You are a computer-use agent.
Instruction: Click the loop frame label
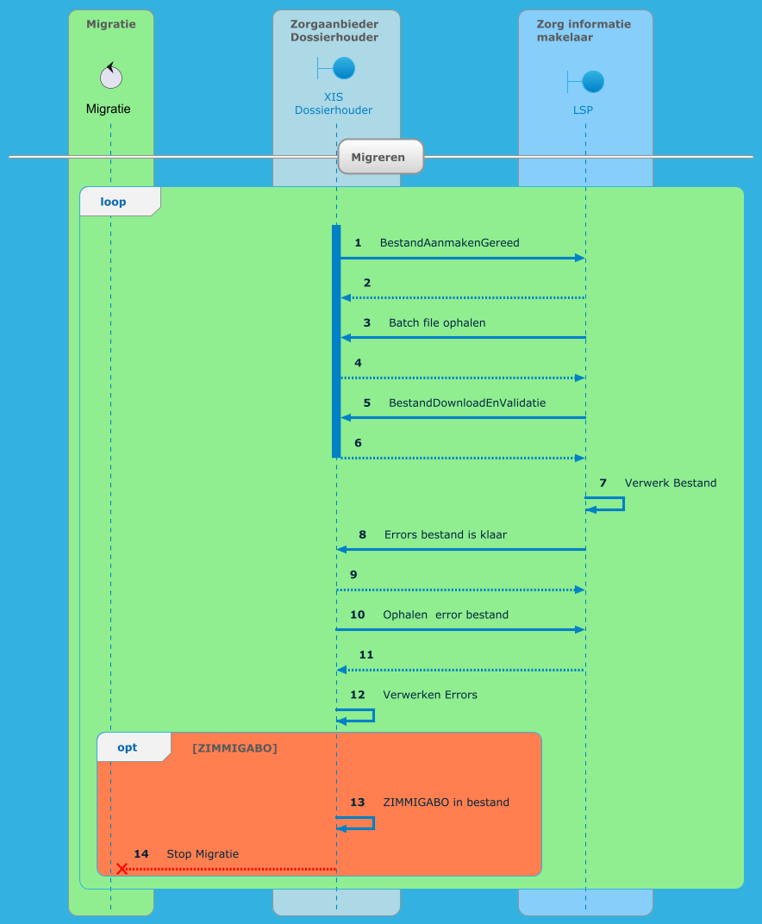[x=113, y=202]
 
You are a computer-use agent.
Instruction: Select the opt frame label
[x=128, y=747]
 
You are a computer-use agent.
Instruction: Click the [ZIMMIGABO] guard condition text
[x=234, y=748]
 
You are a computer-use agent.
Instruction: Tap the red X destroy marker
[x=122, y=869]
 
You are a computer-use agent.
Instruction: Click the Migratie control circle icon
[x=110, y=77]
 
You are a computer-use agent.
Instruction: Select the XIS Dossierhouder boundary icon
[x=336, y=68]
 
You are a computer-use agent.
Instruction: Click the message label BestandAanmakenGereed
[x=449, y=243]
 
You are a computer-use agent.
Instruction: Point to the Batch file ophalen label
[x=437, y=323]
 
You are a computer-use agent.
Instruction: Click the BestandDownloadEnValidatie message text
[x=466, y=403]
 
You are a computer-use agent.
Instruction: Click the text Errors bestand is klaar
[x=445, y=535]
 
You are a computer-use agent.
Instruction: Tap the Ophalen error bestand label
[x=445, y=615]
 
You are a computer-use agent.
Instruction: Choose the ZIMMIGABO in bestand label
[x=446, y=802]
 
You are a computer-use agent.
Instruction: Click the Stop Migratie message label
[x=203, y=854]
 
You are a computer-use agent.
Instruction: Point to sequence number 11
[x=366, y=655]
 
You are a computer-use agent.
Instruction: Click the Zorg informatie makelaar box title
[x=583, y=30]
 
